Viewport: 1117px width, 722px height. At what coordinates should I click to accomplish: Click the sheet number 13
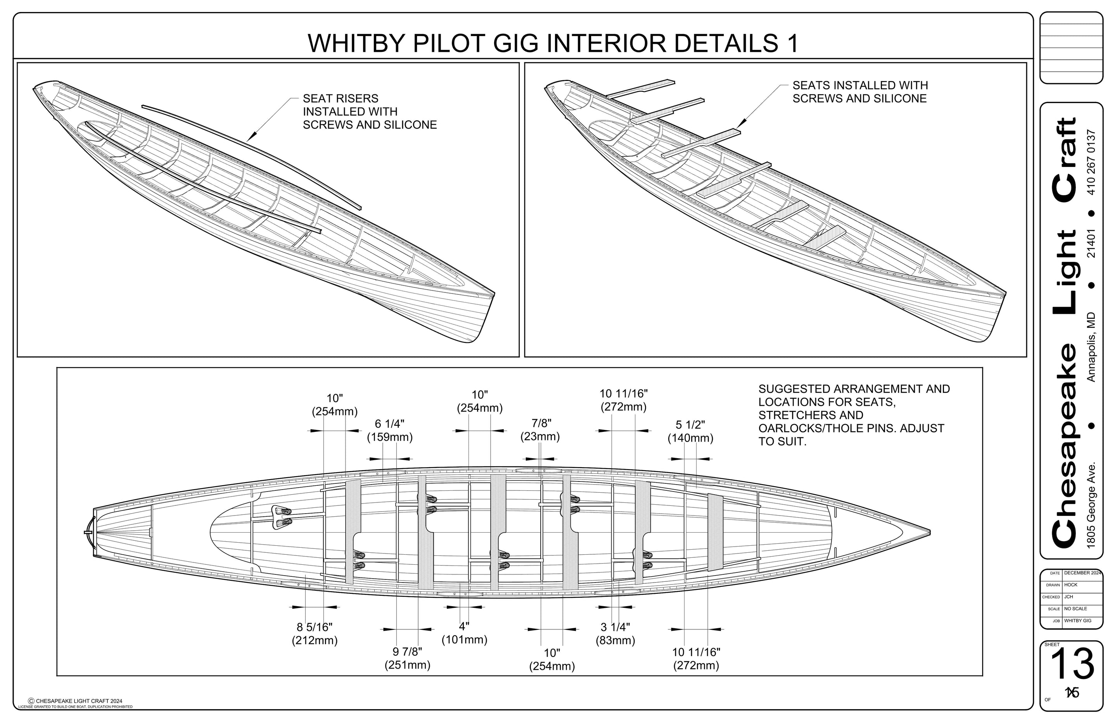[x=1072, y=664]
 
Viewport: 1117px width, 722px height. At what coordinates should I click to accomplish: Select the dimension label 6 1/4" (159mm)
[x=389, y=430]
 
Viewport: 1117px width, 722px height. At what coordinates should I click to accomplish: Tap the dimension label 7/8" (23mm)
[x=540, y=430]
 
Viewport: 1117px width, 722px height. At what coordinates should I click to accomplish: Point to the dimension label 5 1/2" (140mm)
[x=690, y=431]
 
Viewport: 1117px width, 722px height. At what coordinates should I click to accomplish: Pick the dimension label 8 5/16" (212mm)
[x=315, y=633]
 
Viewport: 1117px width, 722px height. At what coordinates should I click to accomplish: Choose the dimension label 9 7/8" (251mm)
[x=407, y=658]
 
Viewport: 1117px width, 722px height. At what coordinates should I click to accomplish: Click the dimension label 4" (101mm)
[x=464, y=633]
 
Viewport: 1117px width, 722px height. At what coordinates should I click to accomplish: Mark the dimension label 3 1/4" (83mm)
[x=615, y=633]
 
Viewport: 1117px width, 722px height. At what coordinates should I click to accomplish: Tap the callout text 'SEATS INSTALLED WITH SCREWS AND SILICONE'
[x=860, y=92]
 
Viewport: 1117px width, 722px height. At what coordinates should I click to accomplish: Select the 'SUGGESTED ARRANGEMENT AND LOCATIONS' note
[x=854, y=415]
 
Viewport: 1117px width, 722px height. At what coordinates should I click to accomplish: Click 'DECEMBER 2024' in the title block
[x=1082, y=573]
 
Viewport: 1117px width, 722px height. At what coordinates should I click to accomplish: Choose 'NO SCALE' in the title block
[x=1076, y=609]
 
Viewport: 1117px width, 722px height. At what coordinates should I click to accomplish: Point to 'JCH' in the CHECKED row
[x=1069, y=597]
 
